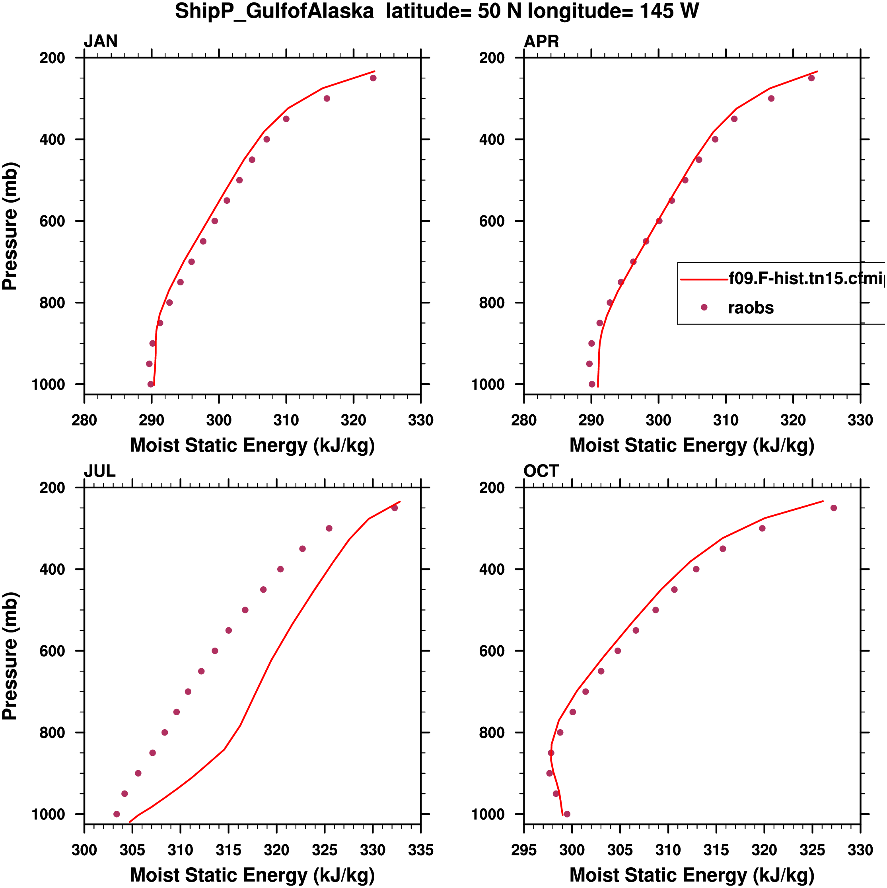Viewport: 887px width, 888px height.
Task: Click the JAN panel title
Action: (101, 41)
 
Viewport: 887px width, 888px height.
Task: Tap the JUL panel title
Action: (99, 471)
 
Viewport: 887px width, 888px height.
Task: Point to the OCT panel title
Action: (541, 471)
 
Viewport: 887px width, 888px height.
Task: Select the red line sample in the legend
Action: (704, 279)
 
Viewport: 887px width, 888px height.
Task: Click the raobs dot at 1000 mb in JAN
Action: (151, 384)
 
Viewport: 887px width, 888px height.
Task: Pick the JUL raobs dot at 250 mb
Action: (394, 508)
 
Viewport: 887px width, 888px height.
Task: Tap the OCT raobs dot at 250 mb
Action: (833, 508)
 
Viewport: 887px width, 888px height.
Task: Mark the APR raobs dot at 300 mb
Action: (771, 98)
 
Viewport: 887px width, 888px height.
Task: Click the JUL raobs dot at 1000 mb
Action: (117, 814)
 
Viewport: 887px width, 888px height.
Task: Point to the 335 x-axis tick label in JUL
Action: (420, 850)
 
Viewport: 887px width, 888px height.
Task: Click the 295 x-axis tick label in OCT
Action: (524, 850)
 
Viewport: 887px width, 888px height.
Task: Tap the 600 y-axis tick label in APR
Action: (492, 221)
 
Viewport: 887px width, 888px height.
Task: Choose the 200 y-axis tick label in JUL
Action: (52, 488)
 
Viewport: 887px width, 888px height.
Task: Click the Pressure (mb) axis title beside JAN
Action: (10, 226)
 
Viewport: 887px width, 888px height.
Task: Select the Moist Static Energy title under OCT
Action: (692, 875)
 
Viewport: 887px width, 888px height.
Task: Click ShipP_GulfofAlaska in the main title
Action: (274, 11)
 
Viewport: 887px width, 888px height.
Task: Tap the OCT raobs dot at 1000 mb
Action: (567, 814)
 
